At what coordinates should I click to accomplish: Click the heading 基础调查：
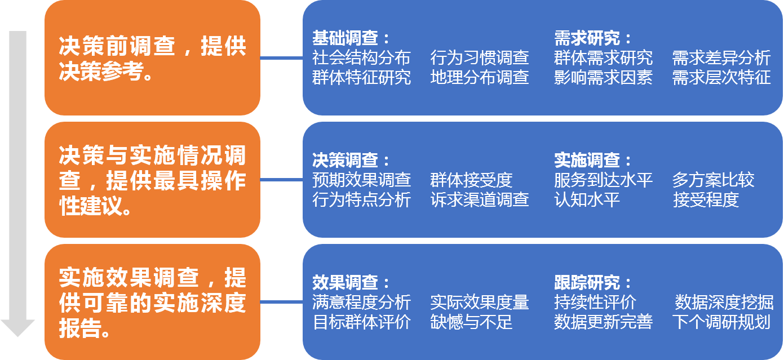[x=351, y=38]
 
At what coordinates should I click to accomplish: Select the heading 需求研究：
[x=593, y=38]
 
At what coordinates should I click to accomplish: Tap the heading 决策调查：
[x=351, y=161]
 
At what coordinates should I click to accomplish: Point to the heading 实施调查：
[x=593, y=161]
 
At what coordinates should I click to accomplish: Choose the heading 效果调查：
[x=351, y=283]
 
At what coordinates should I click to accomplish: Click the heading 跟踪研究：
[x=593, y=283]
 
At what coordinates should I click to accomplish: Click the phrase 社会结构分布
[x=361, y=57]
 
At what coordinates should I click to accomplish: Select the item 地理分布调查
[x=480, y=77]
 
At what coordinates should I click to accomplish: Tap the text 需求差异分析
[x=721, y=57]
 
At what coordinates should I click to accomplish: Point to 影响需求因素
[x=603, y=77]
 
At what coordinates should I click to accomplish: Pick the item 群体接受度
[x=471, y=180]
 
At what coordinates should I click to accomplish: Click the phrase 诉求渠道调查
[x=480, y=199]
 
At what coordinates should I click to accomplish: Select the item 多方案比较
[x=713, y=180]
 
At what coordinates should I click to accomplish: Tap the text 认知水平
[x=587, y=199]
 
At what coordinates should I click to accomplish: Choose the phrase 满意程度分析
[x=361, y=303]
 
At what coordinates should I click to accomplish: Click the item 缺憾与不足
[x=471, y=322]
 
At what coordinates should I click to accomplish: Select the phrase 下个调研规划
[x=721, y=322]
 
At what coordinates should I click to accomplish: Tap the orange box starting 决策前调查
[x=152, y=58]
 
